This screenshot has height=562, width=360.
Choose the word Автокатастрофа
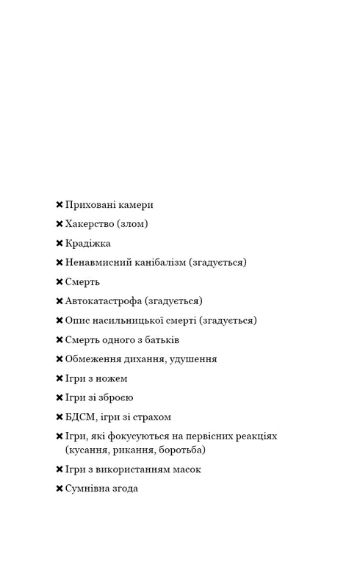[104, 301]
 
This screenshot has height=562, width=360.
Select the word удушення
[192, 359]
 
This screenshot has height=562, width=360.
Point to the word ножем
[110, 378]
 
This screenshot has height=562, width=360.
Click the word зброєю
[114, 397]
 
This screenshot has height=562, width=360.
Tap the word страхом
[151, 417]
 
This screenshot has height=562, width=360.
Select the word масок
[186, 469]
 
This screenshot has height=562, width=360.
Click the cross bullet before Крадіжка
[60, 244]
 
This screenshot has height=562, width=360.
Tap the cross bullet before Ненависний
[60, 263]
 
